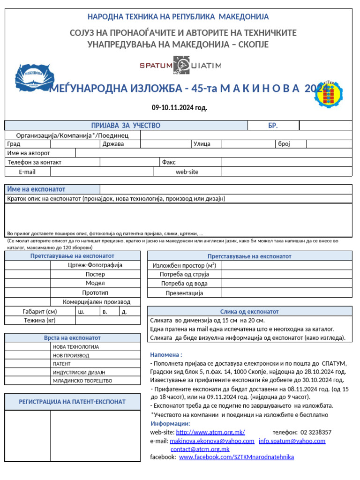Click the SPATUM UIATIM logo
180,65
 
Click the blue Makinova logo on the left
35,76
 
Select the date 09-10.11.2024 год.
180,108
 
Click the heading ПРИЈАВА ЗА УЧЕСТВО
126,125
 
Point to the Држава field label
113,144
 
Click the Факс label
169,162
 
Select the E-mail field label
27,172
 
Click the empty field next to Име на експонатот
225,189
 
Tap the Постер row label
95,274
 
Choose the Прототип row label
95,292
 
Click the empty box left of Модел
28,283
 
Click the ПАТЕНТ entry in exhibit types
62,363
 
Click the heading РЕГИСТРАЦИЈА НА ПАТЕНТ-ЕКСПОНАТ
72,402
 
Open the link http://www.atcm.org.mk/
210,432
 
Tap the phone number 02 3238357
316,432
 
